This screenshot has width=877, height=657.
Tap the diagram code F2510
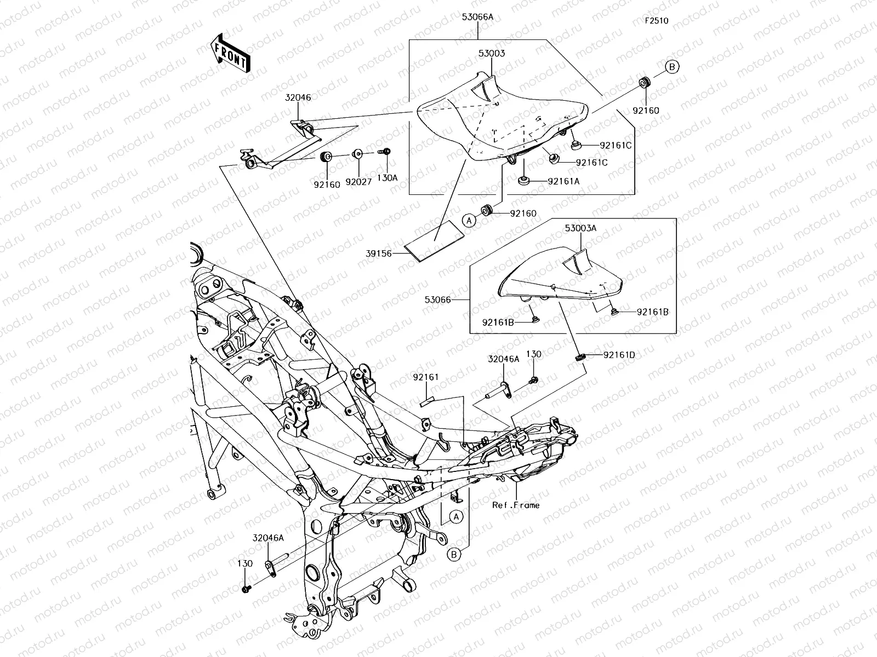pos(656,21)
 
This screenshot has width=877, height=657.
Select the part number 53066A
pos(477,17)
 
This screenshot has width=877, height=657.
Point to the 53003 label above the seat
pos(491,54)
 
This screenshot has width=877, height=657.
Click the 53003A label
pos(580,228)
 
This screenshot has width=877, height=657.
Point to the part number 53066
pos(437,299)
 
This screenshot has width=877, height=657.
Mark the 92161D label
pos(619,355)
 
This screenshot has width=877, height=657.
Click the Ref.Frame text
pos(515,505)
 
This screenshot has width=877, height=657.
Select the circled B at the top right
pos(673,67)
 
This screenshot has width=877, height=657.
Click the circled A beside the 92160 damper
pos(469,221)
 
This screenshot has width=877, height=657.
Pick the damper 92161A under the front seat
pos(524,180)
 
